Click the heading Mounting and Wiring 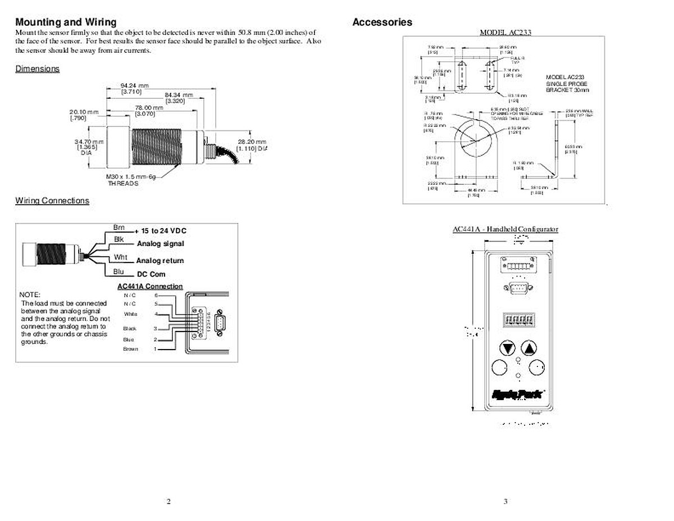click(66, 22)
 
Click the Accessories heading click(382, 22)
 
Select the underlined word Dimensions click(37, 69)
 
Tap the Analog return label click(160, 261)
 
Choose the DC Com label click(151, 275)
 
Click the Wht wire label click(120, 257)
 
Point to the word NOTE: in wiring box click(30, 295)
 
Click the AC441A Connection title click(150, 287)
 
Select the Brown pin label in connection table click(130, 349)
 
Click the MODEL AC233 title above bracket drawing click(505, 32)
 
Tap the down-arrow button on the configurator click(508, 348)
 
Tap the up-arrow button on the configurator click(528, 348)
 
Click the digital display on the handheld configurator click(517, 320)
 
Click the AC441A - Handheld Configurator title click(505, 229)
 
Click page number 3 click(505, 502)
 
